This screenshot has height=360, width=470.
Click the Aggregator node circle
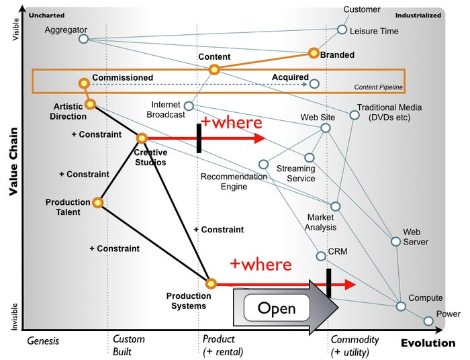[83, 39]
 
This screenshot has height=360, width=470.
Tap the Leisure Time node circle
[342, 30]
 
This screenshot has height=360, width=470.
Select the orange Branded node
[313, 52]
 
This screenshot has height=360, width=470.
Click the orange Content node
[214, 69]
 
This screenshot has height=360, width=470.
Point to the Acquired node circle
[314, 84]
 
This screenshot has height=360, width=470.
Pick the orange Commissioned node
[83, 83]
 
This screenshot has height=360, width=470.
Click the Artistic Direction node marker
[90, 103]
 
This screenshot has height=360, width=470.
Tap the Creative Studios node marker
[142, 138]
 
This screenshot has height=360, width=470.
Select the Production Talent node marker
[98, 202]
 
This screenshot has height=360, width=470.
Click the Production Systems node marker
[210, 283]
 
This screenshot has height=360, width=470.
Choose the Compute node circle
[400, 306]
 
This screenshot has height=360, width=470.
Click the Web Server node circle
[395, 242]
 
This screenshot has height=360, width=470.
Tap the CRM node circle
[321, 256]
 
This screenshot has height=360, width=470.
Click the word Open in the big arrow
[276, 308]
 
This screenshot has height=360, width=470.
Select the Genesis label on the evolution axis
[43, 341]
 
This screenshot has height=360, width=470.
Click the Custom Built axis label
[128, 345]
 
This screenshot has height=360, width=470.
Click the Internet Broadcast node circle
[189, 106]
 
